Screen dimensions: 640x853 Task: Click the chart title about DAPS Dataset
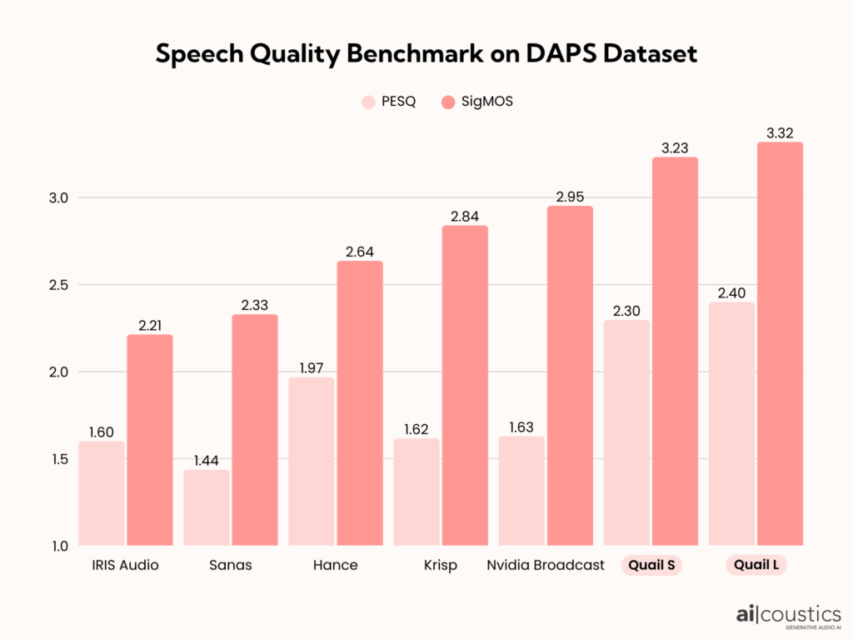tap(426, 54)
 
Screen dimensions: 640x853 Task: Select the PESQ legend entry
tap(387, 102)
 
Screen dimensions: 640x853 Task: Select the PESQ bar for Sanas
tap(207, 507)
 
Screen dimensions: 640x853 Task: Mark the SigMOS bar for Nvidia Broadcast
tap(570, 375)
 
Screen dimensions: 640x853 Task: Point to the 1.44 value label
tap(207, 459)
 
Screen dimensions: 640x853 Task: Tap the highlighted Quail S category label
tap(651, 566)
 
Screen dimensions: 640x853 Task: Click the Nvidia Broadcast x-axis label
tap(546, 566)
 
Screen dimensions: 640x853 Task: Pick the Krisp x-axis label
tap(440, 566)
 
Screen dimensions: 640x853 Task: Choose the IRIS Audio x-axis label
tap(125, 566)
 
